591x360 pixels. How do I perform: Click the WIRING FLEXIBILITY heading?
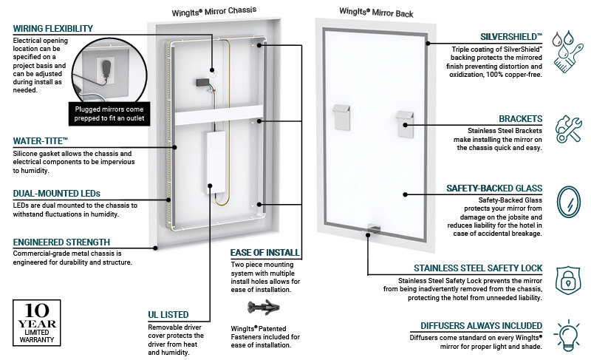coord(52,29)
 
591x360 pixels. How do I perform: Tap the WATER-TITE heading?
coord(41,141)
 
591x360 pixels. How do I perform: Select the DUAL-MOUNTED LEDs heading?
coord(57,194)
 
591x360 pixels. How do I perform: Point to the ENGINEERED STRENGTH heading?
coord(61,242)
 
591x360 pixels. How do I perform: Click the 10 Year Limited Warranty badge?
coord(36,323)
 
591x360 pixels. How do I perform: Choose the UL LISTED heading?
coord(168,315)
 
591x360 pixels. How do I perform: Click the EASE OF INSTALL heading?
coord(265,253)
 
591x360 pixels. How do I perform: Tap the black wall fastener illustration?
coord(264,308)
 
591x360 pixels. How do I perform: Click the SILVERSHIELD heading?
coord(511,37)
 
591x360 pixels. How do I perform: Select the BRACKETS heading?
coord(521,119)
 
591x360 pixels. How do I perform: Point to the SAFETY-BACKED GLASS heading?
coord(494,189)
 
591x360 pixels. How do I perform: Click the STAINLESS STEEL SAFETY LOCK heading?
coord(478,268)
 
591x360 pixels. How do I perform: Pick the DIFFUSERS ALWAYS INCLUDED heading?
coord(482,326)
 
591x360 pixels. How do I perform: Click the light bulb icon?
coord(567,335)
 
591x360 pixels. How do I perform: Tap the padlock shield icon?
coord(568,281)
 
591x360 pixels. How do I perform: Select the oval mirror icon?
coord(569,202)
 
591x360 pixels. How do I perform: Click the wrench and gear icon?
coord(568,129)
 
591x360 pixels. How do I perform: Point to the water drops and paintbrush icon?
coord(567,52)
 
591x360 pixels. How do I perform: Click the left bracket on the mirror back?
coord(341,118)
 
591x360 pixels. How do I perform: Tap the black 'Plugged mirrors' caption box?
coord(109,114)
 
